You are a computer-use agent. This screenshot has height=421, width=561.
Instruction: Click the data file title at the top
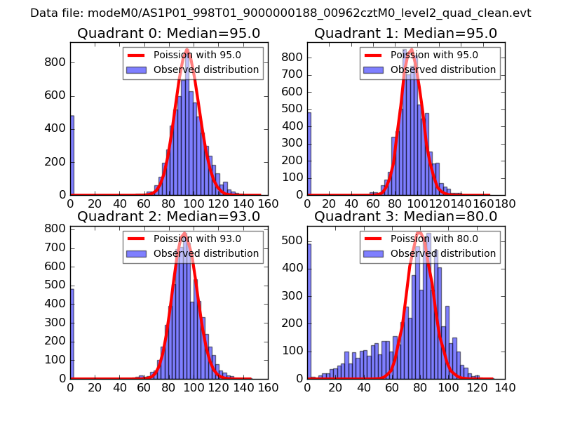pyautogui.click(x=280, y=13)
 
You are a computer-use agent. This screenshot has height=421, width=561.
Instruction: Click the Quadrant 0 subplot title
pyautogui.click(x=169, y=33)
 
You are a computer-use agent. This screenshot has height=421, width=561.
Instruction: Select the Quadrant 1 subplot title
pyautogui.click(x=405, y=33)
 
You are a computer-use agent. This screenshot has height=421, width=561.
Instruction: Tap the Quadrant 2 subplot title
pyautogui.click(x=169, y=216)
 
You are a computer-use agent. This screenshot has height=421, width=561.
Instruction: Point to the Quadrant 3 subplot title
pyautogui.click(x=405, y=216)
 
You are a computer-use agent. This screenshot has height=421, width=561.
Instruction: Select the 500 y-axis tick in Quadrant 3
pyautogui.click(x=297, y=241)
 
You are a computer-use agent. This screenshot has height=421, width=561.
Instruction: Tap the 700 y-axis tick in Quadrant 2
pyautogui.click(x=57, y=248)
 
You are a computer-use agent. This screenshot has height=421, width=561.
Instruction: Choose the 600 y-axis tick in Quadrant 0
pyautogui.click(x=57, y=95)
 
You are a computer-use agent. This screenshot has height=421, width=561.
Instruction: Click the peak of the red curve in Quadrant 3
pyautogui.click(x=419, y=232)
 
